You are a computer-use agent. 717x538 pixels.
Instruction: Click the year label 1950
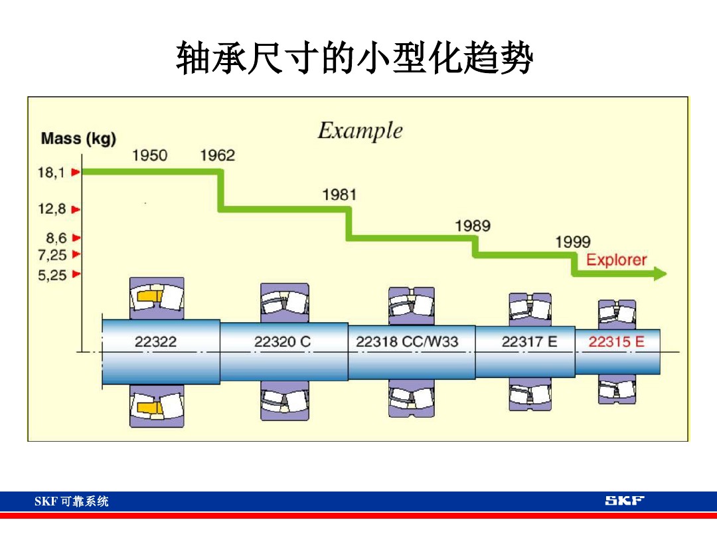coord(150,155)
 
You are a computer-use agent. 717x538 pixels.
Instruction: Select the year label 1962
coord(218,155)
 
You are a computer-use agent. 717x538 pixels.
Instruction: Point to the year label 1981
coord(339,195)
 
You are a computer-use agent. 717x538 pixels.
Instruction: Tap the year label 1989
coord(473,226)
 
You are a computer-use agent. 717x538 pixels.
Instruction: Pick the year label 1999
coord(572,242)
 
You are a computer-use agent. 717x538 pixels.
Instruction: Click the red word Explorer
coord(616,260)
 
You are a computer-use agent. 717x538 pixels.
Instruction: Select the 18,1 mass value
coord(51,173)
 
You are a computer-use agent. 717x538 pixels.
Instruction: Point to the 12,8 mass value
coord(52,209)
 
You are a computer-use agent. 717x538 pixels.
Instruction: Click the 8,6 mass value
coord(55,238)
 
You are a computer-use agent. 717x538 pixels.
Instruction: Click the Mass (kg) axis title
coord(78,139)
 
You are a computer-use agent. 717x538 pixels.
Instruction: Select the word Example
coord(360,130)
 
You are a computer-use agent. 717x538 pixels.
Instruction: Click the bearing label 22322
coord(156,342)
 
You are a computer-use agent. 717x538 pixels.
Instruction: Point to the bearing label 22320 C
coord(282,342)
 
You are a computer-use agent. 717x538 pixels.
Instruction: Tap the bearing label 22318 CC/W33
coord(407,342)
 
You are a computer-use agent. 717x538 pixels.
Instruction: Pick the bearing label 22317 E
coord(529,342)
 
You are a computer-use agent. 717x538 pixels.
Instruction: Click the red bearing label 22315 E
coord(616,342)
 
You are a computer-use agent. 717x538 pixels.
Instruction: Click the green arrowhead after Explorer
coord(659,274)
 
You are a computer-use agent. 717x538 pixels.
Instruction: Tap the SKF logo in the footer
coord(624,501)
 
